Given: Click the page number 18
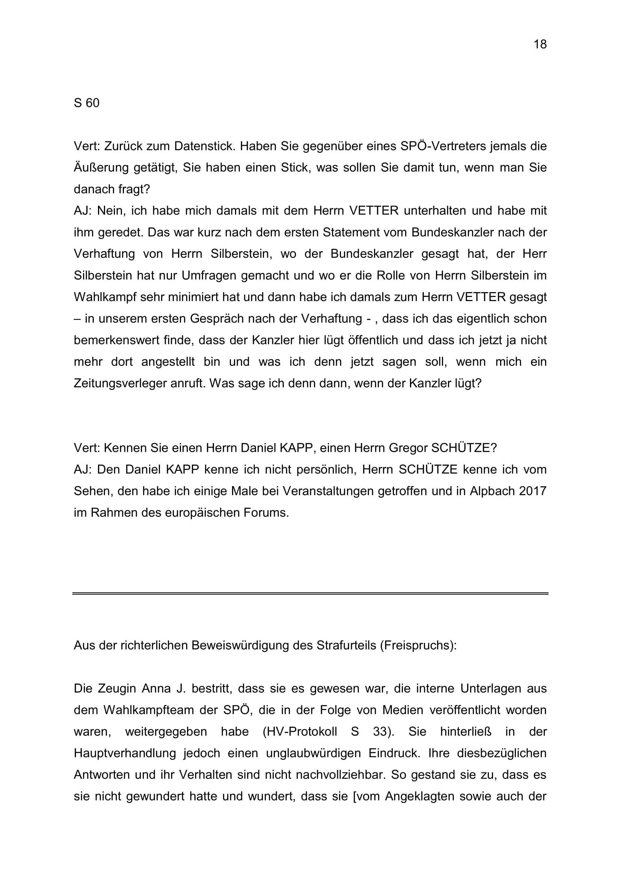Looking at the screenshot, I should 540,45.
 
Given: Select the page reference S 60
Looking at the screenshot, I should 86,103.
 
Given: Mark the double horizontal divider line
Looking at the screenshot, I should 310,594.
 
